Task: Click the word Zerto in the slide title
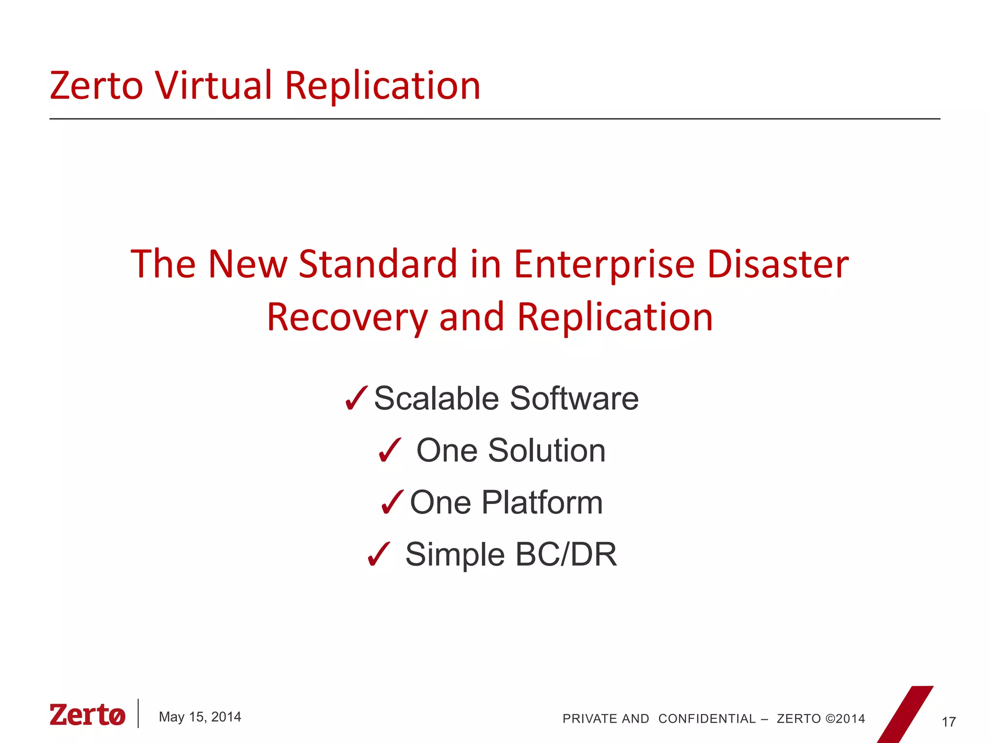96,86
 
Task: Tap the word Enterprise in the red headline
604,265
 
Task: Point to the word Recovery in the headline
347,318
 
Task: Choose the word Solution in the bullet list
546,450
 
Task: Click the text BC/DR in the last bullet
566,554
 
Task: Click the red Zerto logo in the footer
87,715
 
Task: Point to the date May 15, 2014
200,717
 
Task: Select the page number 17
948,722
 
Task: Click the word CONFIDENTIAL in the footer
707,719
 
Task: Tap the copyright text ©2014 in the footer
845,719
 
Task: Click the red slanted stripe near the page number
905,715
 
